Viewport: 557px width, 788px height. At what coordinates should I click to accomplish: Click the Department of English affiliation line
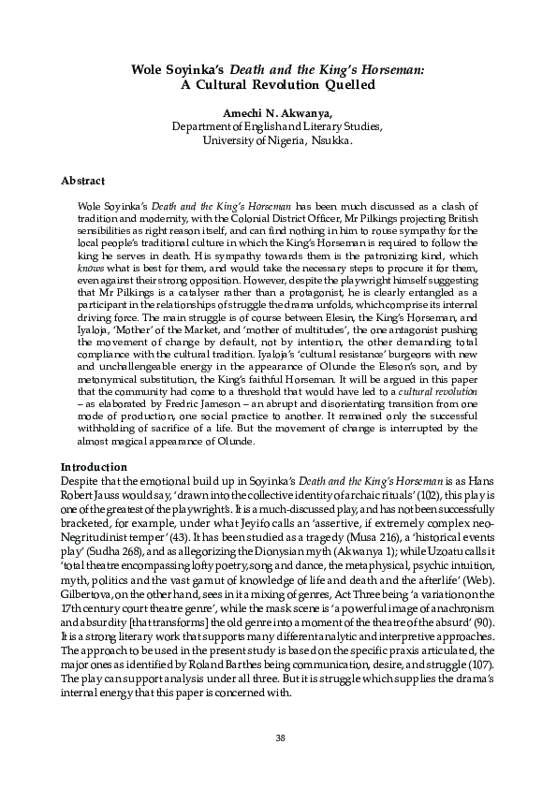[x=277, y=127]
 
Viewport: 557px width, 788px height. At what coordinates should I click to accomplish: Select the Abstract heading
[x=82, y=179]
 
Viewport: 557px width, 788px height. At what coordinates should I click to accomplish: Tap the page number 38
[x=278, y=737]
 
